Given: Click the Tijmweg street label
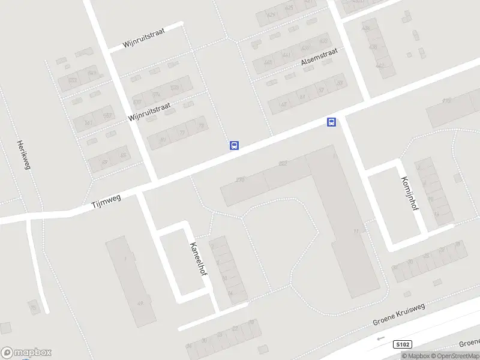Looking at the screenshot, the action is click(106, 202).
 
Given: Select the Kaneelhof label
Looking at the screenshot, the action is click(198, 259).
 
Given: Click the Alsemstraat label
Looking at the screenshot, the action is click(319, 57).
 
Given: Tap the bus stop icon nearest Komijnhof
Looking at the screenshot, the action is click(331, 122).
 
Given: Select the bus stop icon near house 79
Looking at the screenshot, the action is click(234, 145).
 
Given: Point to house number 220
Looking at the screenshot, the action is click(241, 179).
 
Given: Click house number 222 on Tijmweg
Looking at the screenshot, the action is click(283, 163).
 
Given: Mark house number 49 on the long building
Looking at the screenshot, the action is click(140, 304).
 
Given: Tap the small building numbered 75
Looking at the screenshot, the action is click(34, 308).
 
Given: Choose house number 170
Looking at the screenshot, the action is click(446, 101).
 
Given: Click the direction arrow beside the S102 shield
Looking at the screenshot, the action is click(379, 338).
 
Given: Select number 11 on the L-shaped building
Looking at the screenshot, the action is click(356, 230).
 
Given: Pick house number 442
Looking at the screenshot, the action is click(380, 66).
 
